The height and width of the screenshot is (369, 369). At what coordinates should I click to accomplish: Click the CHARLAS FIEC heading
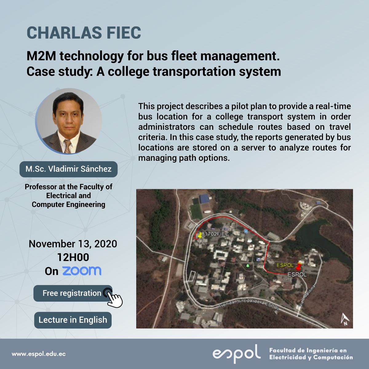[x=84, y=33]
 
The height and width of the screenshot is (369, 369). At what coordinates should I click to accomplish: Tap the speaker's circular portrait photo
[x=69, y=121]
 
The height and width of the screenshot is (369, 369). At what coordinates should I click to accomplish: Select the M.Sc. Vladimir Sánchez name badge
[x=69, y=169]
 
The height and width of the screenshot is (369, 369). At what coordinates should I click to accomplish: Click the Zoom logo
[x=82, y=271]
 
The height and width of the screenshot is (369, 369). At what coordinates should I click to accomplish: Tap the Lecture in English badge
[x=73, y=320]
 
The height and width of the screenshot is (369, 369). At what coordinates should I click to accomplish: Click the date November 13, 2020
[x=73, y=244]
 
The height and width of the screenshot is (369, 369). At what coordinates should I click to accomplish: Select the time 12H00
[x=73, y=257]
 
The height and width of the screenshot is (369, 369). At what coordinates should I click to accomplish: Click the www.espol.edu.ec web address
[x=39, y=354]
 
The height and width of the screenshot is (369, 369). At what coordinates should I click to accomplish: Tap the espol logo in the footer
[x=237, y=354]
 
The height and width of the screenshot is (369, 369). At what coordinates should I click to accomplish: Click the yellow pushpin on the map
[x=200, y=235]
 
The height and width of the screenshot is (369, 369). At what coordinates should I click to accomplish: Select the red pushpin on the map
[x=299, y=266]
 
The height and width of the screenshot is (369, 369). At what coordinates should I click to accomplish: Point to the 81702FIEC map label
[x=215, y=234]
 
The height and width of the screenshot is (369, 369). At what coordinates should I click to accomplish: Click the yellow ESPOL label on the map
[x=285, y=265]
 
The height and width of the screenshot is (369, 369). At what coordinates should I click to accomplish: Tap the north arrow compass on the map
[x=345, y=319]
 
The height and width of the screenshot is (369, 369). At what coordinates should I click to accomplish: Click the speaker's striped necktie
[x=67, y=146]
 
